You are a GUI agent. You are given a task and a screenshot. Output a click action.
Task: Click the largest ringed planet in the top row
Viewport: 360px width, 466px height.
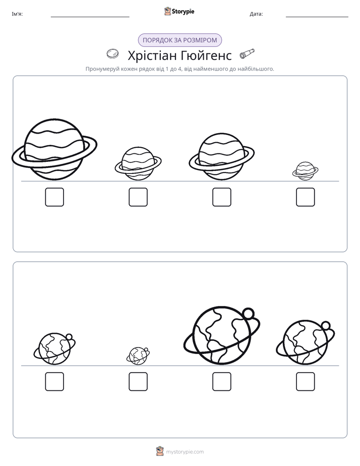54,149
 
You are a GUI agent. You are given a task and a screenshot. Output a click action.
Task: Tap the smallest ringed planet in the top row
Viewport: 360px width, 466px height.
306,171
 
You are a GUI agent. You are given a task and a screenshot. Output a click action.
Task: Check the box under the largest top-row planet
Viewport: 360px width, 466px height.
54,197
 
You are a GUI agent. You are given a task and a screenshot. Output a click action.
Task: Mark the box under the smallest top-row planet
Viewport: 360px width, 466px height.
306,197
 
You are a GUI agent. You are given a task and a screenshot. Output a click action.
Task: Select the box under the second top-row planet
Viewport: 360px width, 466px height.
138,197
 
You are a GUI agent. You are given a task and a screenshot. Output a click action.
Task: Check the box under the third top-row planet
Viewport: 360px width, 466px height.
222,197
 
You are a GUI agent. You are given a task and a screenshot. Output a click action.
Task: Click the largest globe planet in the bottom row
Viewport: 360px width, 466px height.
222,335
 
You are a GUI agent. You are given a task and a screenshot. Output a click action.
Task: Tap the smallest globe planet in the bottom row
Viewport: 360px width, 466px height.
138,356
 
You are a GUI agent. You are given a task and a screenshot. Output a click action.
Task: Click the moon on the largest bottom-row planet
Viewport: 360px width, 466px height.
248,313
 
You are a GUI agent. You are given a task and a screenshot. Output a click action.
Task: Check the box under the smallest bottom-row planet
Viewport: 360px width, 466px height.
138,382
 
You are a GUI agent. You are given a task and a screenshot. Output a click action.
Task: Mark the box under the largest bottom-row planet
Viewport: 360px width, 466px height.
222,382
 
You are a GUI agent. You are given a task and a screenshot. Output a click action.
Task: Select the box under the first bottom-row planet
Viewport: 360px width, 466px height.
54,382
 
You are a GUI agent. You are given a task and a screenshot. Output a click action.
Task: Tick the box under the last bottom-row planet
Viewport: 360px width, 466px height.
306,382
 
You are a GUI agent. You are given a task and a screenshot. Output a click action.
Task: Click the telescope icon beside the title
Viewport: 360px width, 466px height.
247,53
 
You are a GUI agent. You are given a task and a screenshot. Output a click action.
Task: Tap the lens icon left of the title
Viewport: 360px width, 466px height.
112,54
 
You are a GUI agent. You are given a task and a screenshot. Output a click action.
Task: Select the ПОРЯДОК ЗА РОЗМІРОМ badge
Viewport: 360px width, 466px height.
180,40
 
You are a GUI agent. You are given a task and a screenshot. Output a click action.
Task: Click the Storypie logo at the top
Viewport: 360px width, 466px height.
179,11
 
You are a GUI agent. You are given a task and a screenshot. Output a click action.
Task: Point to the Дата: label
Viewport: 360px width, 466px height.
256,14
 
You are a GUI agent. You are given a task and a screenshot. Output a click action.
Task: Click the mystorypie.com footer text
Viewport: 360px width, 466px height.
185,452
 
